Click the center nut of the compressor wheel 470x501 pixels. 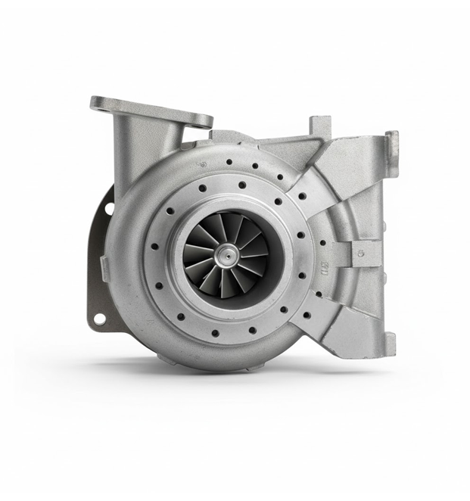click(226, 256)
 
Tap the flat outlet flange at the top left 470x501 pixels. click(151, 112)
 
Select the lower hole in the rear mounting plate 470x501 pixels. click(98, 319)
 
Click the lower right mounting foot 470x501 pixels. click(388, 346)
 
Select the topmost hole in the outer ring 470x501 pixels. click(227, 160)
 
